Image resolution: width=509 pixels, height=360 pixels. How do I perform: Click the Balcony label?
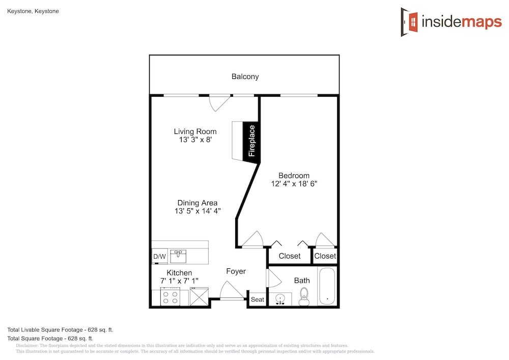coord(245,76)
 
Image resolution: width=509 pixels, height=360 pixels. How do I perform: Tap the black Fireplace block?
coord(251,141)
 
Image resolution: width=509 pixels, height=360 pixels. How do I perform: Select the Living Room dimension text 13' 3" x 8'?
coord(195,140)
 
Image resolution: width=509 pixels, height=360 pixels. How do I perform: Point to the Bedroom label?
coord(294,176)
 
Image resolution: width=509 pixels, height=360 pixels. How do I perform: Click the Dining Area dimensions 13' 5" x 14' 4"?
coord(197,211)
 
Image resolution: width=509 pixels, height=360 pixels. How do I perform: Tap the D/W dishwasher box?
coord(159,257)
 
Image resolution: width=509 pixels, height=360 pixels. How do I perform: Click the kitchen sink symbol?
coord(178,256)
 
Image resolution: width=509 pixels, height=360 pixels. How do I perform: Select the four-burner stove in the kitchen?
coord(171,297)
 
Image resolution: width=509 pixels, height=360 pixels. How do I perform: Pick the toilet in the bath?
coord(304,297)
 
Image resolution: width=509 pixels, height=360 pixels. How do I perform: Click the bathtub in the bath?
coord(327,286)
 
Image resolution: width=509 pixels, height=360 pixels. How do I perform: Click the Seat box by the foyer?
coord(258,299)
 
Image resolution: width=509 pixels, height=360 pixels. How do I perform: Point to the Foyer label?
coord(236,271)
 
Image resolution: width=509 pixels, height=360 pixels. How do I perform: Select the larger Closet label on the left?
coord(290,256)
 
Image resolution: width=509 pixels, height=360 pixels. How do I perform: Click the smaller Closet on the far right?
coord(325,256)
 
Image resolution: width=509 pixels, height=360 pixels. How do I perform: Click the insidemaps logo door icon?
coord(409,22)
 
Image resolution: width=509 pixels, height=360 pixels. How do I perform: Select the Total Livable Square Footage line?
coord(61,330)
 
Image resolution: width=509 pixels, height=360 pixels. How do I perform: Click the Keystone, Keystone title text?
coord(33,11)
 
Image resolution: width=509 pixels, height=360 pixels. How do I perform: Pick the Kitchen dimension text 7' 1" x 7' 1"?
coord(180,281)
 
